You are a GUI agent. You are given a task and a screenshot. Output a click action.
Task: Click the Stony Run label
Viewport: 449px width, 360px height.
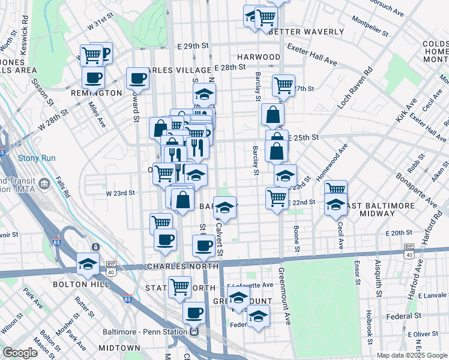[x=37, y=158]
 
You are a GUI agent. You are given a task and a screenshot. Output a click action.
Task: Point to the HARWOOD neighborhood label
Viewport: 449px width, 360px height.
[x=259, y=57]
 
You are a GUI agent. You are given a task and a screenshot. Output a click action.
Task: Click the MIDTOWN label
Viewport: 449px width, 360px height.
[x=119, y=348]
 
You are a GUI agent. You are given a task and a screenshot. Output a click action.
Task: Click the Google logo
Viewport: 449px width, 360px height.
[x=20, y=353]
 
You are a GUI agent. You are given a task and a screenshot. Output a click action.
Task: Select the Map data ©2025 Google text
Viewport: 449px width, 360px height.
[x=411, y=355]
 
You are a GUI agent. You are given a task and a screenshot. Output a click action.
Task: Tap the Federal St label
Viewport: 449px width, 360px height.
[x=403, y=315]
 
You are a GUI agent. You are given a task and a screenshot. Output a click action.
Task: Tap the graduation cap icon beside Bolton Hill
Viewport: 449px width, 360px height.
[x=88, y=263]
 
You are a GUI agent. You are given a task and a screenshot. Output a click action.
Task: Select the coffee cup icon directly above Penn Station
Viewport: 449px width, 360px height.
[x=194, y=312]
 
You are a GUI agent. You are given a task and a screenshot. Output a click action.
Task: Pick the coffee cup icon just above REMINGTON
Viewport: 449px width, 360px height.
[x=94, y=77]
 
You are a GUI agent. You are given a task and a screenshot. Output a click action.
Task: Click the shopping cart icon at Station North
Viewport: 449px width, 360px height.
[x=179, y=287]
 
